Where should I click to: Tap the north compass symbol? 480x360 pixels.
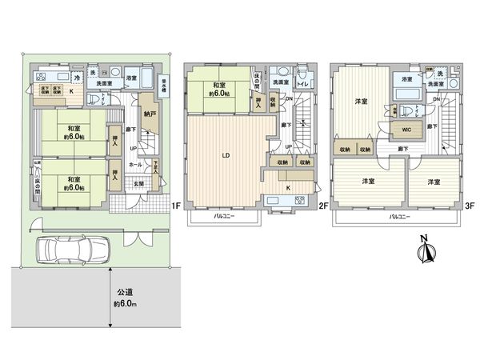[425, 250]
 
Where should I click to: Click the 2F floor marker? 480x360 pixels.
[323, 206]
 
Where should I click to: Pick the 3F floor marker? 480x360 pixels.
[469, 206]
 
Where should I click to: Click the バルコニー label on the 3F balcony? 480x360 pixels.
[395, 217]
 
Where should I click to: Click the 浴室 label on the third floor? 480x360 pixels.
[406, 79]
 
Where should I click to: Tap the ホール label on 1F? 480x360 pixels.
[135, 164]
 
